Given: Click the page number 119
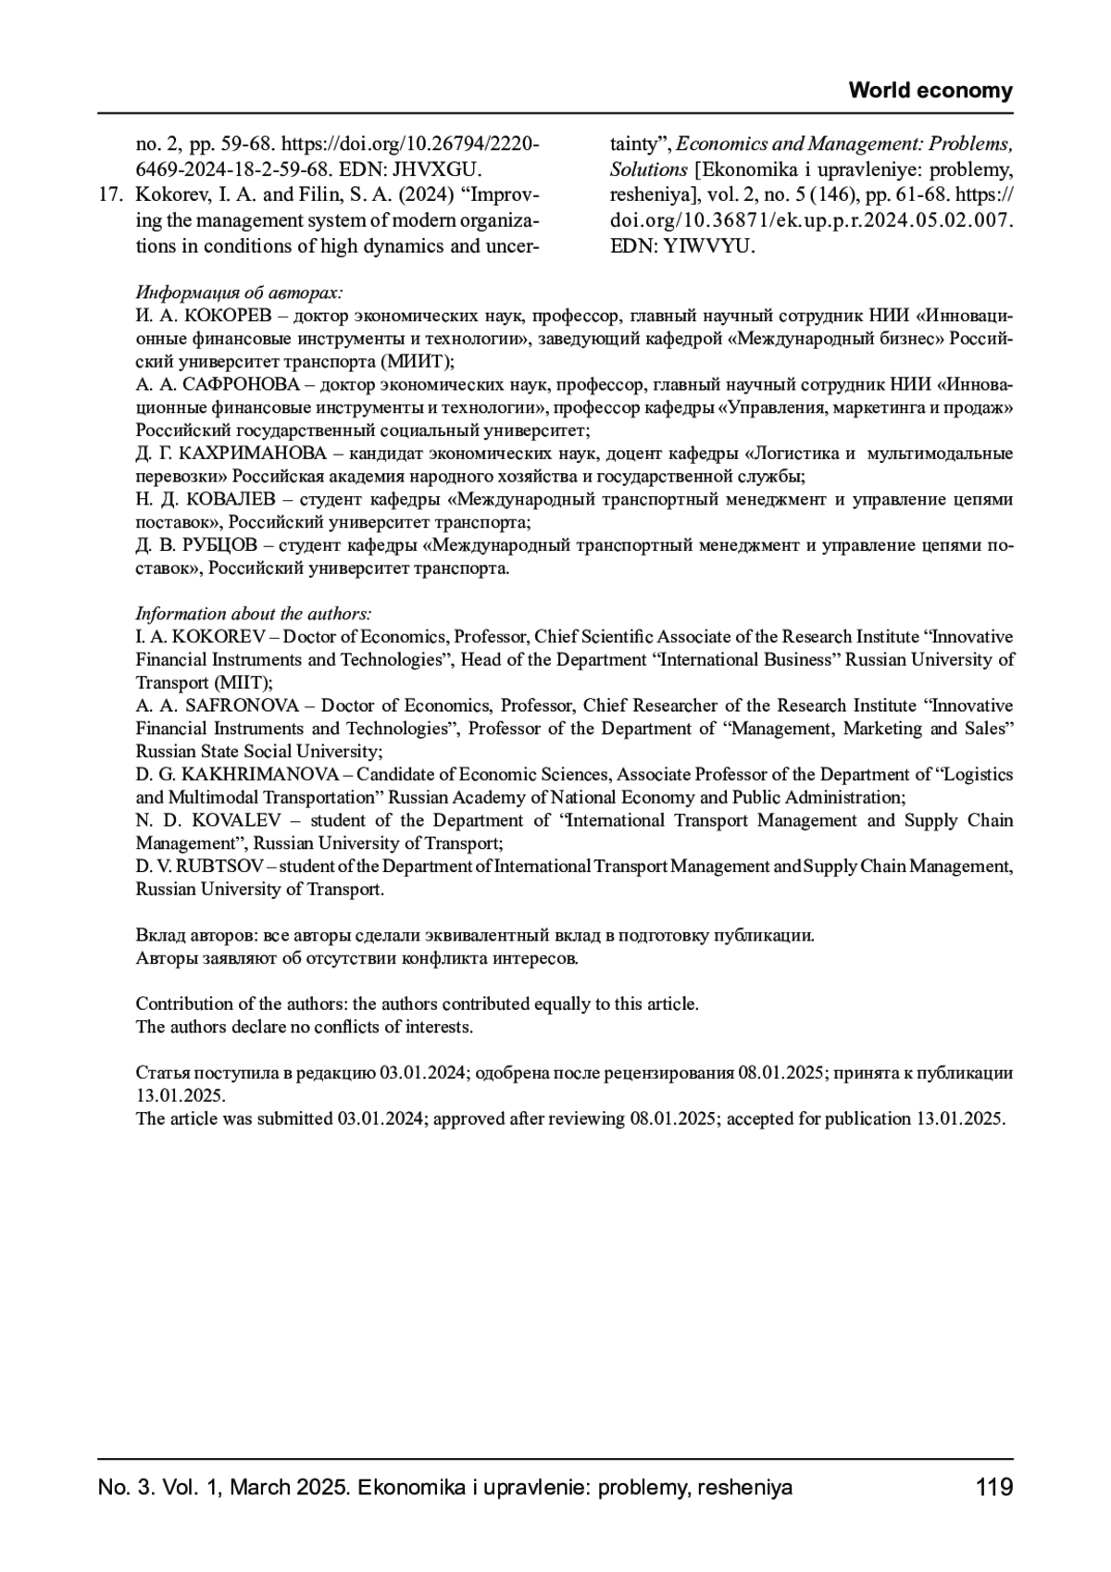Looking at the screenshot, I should point(994,1488).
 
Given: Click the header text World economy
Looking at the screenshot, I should point(930,91).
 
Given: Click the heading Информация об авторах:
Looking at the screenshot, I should point(239,293).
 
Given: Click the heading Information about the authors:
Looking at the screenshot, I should point(254,614).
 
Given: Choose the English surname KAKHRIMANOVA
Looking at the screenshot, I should point(253,774).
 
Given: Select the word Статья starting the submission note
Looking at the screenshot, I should point(160,1073).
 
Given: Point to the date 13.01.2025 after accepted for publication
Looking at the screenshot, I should point(959,1118).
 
